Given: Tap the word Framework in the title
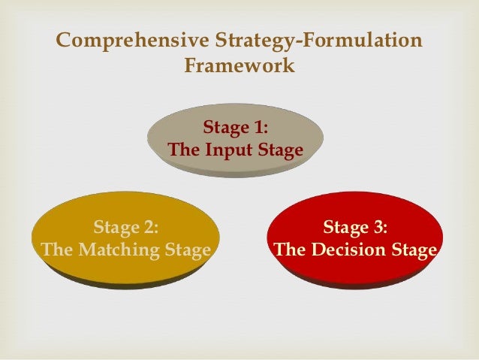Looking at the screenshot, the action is tap(239, 66).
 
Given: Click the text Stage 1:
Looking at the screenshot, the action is tap(236, 126).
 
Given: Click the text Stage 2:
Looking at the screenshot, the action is tap(125, 227).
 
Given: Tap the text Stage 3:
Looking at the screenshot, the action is tap(355, 227).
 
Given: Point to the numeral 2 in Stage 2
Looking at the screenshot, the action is tap(150, 227).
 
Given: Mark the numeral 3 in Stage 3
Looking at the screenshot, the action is tap(380, 227).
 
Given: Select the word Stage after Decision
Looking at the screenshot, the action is tap(413, 250).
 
